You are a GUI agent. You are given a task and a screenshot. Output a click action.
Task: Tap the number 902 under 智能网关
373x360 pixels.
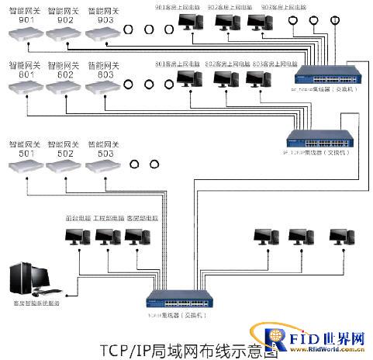64,20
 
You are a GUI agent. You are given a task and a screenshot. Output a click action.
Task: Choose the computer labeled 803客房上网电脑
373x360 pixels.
258,81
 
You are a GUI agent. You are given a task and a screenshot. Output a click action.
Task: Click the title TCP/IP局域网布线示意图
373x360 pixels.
188,348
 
